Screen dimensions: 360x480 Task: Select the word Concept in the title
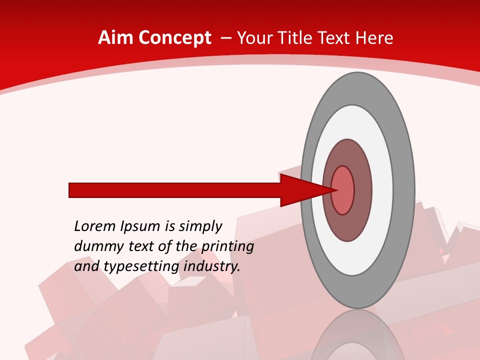174,38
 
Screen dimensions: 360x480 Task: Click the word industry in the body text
212,266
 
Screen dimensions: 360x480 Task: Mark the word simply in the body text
199,227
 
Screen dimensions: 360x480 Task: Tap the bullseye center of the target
343,190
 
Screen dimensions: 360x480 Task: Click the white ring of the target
382,190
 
